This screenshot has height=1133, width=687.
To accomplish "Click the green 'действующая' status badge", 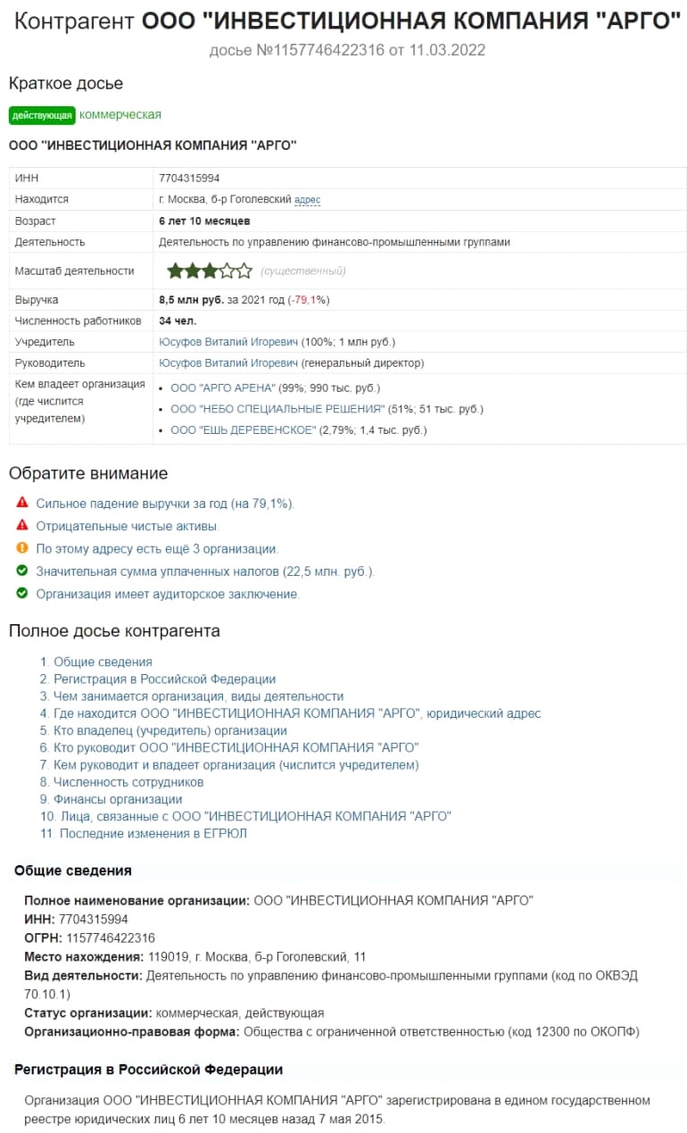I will [42, 115].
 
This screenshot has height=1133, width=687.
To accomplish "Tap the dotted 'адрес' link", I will [307, 200].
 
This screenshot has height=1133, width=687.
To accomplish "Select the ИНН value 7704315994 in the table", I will [188, 179].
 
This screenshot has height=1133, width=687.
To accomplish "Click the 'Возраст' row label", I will [36, 221].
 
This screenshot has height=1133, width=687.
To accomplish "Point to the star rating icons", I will [210, 271].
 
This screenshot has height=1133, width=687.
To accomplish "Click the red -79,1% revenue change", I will [309, 300].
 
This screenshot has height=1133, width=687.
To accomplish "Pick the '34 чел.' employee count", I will [178, 321].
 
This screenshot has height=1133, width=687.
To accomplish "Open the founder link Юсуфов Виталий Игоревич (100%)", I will [228, 342].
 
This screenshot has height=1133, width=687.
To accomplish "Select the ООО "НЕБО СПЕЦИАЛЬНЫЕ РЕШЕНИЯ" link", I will [277, 410].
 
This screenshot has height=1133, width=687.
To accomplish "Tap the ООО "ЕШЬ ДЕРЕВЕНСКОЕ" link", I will [243, 430].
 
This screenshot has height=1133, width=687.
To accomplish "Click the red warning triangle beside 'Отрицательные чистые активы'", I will [22, 526].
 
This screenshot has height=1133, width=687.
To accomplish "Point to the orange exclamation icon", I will [22, 548].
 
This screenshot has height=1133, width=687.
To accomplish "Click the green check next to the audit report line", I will [22, 593].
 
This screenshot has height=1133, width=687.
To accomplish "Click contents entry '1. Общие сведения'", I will [96, 662].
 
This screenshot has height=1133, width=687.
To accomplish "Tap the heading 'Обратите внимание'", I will [88, 473].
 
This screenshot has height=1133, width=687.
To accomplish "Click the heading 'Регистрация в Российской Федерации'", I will [148, 1069].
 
